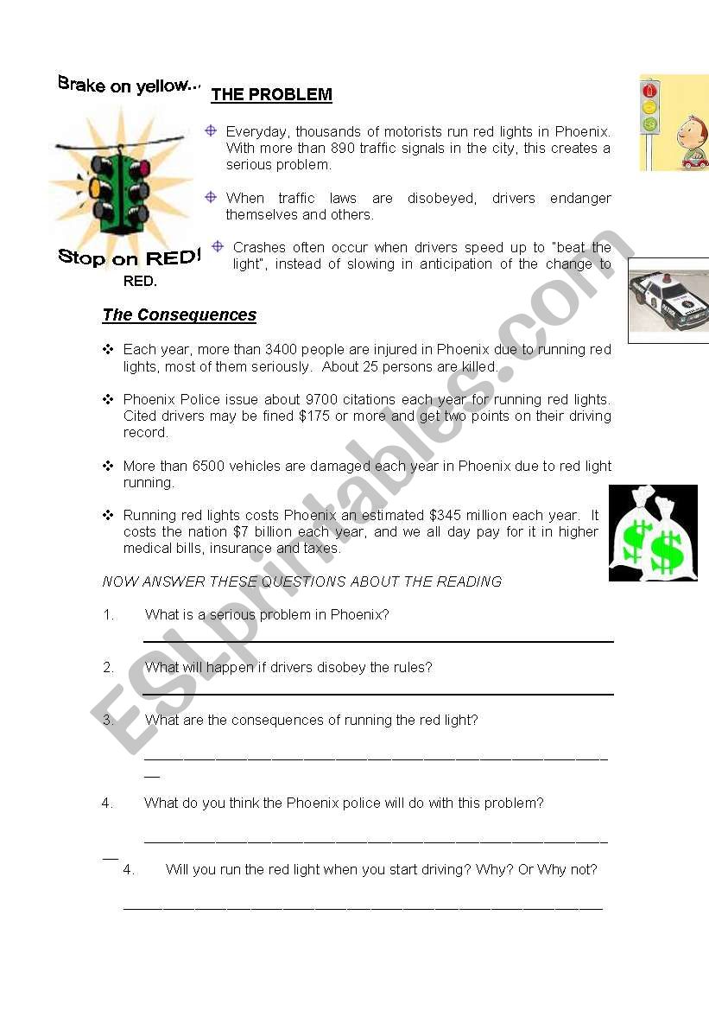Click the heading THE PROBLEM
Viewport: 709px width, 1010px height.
(x=271, y=95)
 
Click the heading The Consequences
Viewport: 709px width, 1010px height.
(x=180, y=315)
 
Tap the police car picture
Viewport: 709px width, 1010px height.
(x=668, y=301)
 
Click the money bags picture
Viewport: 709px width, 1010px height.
(x=653, y=533)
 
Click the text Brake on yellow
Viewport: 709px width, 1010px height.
(x=128, y=85)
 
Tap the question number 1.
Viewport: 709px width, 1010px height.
(x=109, y=615)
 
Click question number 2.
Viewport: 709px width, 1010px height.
(x=109, y=667)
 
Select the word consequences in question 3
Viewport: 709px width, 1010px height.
(x=269, y=720)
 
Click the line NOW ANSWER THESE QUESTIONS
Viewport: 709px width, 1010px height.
(x=301, y=581)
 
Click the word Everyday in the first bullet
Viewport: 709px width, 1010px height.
(x=256, y=132)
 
